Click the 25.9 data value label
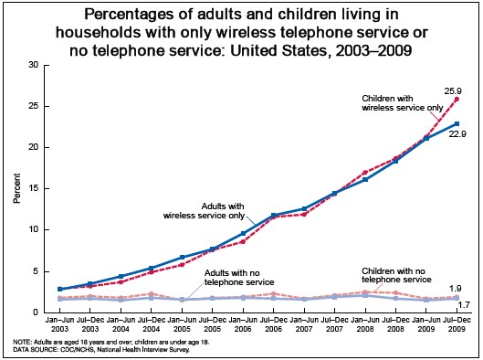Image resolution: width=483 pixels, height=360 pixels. (x=453, y=91)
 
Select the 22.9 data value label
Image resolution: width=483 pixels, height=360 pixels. (x=457, y=134)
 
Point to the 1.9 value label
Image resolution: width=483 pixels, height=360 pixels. (x=455, y=289)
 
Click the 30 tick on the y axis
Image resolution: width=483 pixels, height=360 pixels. (x=34, y=65)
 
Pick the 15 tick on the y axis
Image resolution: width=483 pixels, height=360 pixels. (x=34, y=188)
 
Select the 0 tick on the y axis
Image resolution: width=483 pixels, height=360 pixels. (x=36, y=312)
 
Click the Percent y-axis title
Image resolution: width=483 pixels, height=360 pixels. (x=17, y=188)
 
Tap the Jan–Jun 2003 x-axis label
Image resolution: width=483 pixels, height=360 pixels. (x=59, y=324)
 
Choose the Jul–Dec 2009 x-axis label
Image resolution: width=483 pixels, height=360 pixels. (x=457, y=324)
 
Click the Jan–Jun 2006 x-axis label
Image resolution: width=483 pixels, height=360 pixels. (x=243, y=324)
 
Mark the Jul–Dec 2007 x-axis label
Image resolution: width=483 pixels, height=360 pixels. (x=334, y=324)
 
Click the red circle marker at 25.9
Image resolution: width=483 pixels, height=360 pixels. (x=457, y=99)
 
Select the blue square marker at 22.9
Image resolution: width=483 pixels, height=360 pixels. (x=457, y=123)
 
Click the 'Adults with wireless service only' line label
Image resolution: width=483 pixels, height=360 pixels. (x=204, y=211)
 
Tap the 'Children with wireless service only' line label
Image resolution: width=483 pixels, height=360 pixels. (x=403, y=103)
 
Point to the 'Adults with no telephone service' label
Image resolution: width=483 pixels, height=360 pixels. (x=239, y=278)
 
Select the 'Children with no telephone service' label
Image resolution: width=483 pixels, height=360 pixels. (x=396, y=275)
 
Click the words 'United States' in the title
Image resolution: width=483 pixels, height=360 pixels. (x=278, y=50)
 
